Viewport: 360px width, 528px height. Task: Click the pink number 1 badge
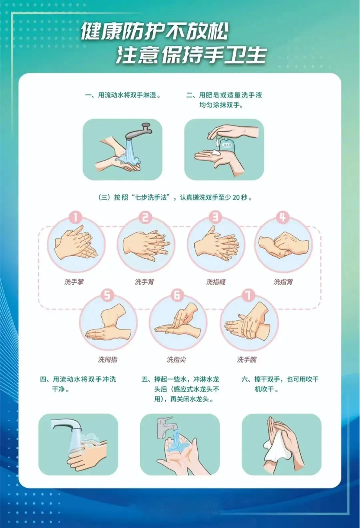tap(76, 217)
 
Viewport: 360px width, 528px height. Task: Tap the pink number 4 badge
tap(282, 217)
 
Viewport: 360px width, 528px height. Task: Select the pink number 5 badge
tap(107, 295)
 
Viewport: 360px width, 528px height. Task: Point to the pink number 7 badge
tap(248, 295)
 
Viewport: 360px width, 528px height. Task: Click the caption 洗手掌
tap(74, 282)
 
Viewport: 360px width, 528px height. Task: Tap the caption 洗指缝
tap(216, 282)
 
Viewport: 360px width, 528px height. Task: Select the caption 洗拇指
tap(108, 360)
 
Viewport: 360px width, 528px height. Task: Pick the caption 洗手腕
tap(247, 360)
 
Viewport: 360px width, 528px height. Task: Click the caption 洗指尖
tap(177, 360)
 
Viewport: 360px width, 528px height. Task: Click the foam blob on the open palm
tap(215, 152)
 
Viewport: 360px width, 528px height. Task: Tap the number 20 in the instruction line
tap(236, 197)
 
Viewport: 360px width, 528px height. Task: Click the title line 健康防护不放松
tap(154, 32)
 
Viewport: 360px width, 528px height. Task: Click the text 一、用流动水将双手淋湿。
tap(123, 96)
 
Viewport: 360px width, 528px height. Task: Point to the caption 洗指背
tap(283, 282)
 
